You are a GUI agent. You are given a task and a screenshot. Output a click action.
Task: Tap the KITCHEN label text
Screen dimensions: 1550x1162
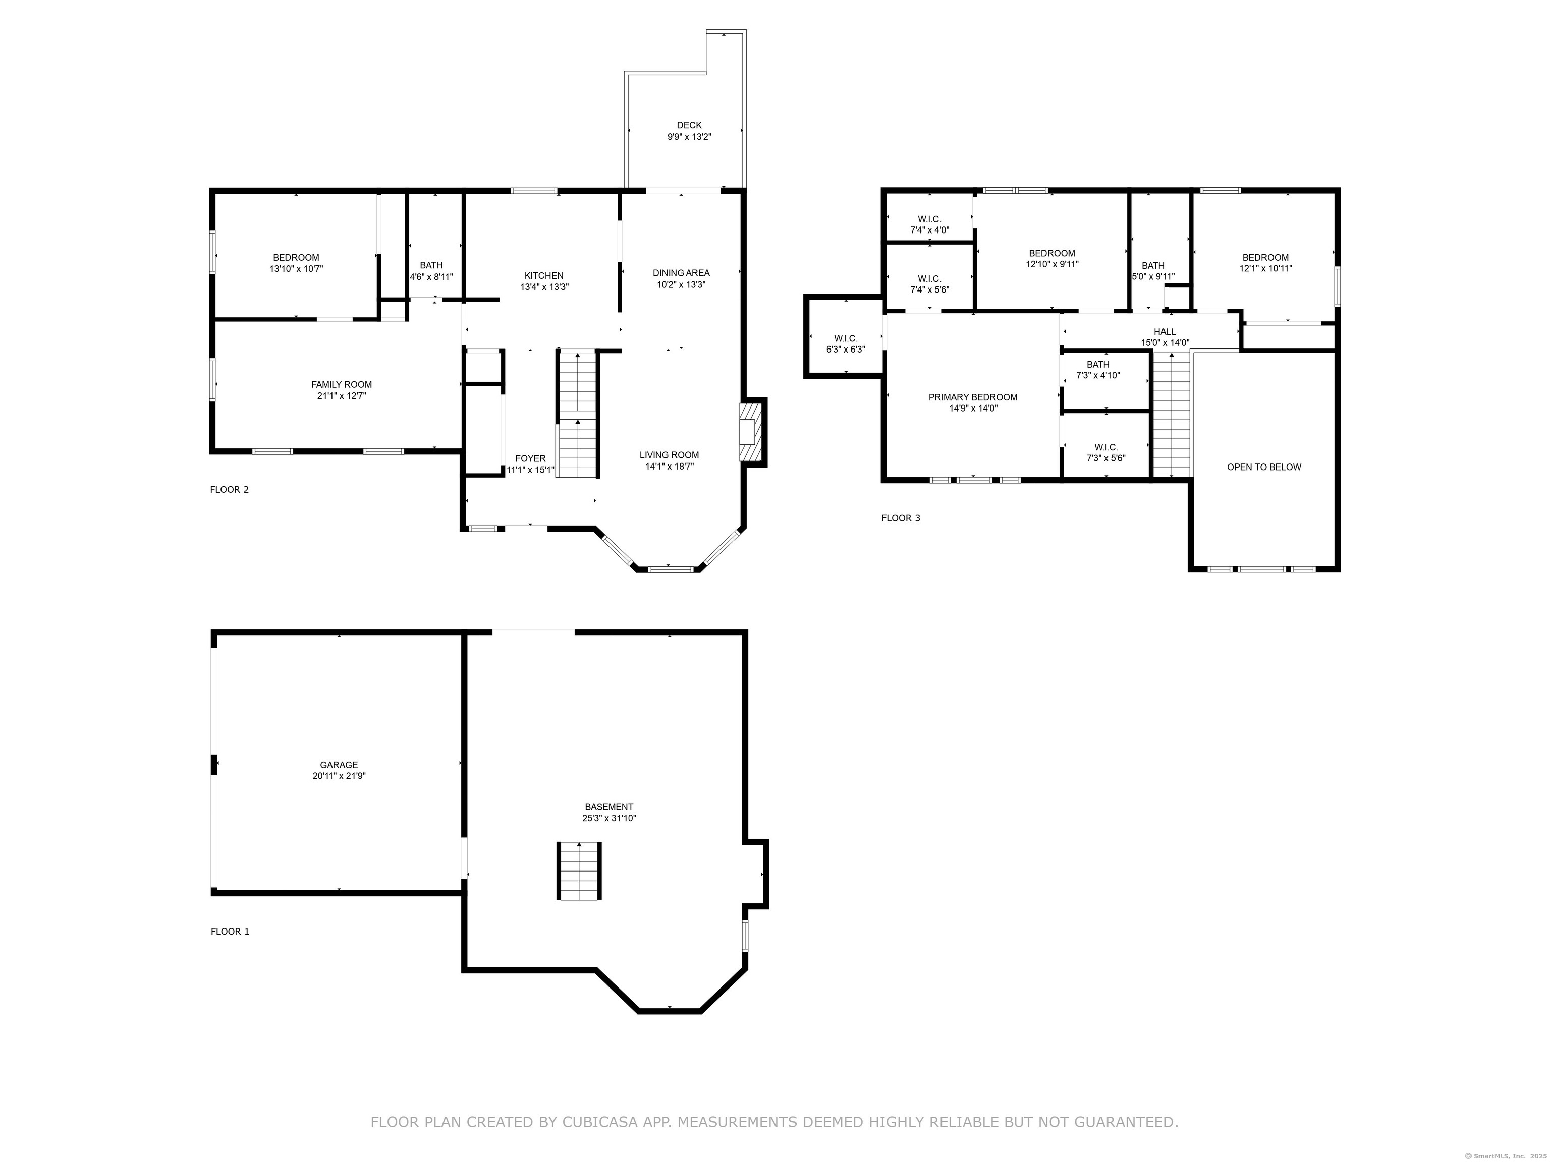click(544, 276)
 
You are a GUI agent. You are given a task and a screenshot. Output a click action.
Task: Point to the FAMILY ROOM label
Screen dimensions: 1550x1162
click(342, 384)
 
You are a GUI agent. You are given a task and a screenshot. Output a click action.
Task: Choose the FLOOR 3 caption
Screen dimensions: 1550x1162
click(901, 518)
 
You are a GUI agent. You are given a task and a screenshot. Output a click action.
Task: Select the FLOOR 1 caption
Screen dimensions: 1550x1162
click(230, 932)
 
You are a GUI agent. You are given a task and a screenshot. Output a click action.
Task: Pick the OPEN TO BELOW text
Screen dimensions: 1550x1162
click(1264, 467)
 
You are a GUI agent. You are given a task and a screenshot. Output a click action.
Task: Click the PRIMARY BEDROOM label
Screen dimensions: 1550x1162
click(973, 397)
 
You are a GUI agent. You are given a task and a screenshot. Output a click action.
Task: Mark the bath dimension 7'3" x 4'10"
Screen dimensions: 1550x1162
click(1098, 375)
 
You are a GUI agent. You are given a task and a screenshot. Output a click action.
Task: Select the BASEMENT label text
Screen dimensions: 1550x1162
click(609, 807)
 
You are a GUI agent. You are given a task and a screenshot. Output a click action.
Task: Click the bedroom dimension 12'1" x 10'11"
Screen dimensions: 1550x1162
click(1265, 268)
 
